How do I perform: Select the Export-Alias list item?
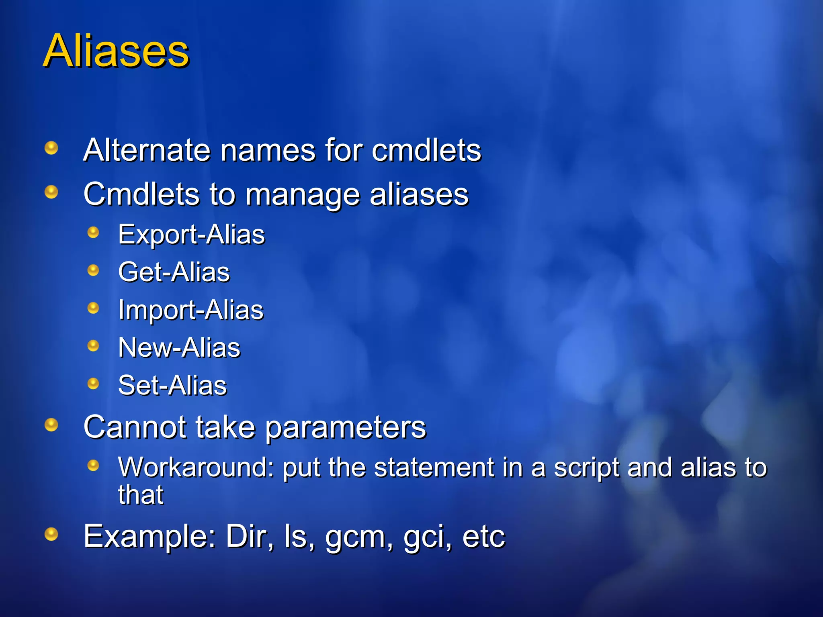[x=191, y=235]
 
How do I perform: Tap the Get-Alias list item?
[x=174, y=272]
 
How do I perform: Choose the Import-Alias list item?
[x=190, y=310]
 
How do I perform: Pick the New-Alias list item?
[x=179, y=347]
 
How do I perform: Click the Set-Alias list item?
[x=172, y=385]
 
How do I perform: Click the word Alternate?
[x=147, y=150]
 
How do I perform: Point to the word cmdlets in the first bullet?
[x=426, y=150]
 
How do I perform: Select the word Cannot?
[x=135, y=427]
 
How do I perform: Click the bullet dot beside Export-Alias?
[x=93, y=233]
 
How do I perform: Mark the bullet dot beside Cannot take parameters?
[x=51, y=425]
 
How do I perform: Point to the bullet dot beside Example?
[x=51, y=534]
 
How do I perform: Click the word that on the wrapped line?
[x=140, y=494]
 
